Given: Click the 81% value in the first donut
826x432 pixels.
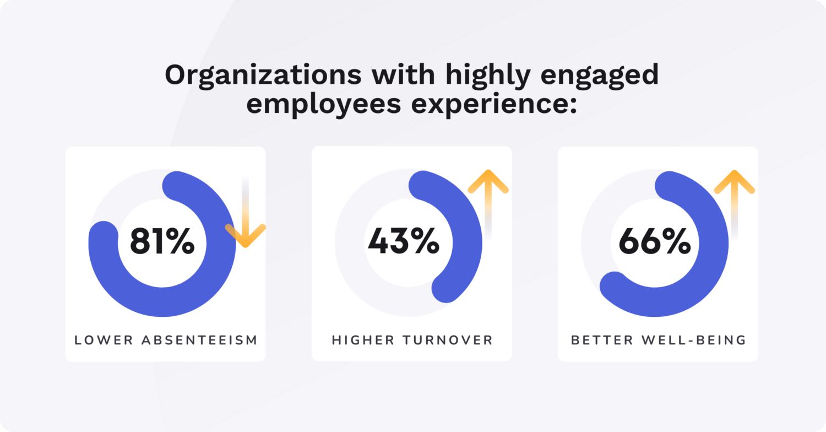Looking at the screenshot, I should pyautogui.click(x=162, y=242).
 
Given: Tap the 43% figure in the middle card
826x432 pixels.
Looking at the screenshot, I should pyautogui.click(x=404, y=242).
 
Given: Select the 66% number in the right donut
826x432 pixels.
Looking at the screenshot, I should pyautogui.click(x=655, y=242).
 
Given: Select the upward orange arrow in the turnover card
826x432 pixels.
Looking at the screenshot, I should pyautogui.click(x=488, y=187).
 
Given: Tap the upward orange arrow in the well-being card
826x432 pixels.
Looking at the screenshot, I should pyautogui.click(x=734, y=187).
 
